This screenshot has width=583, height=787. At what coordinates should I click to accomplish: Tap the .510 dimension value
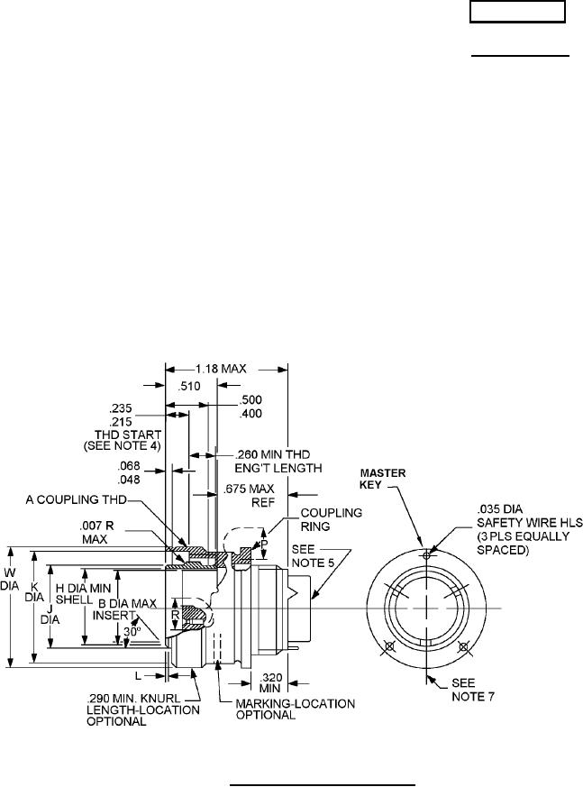coord(190,386)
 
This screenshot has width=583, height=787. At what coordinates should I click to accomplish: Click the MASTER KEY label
coord(383,479)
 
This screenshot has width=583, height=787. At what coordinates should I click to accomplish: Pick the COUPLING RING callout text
coord(331,519)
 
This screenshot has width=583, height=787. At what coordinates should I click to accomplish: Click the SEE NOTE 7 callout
coord(469,690)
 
